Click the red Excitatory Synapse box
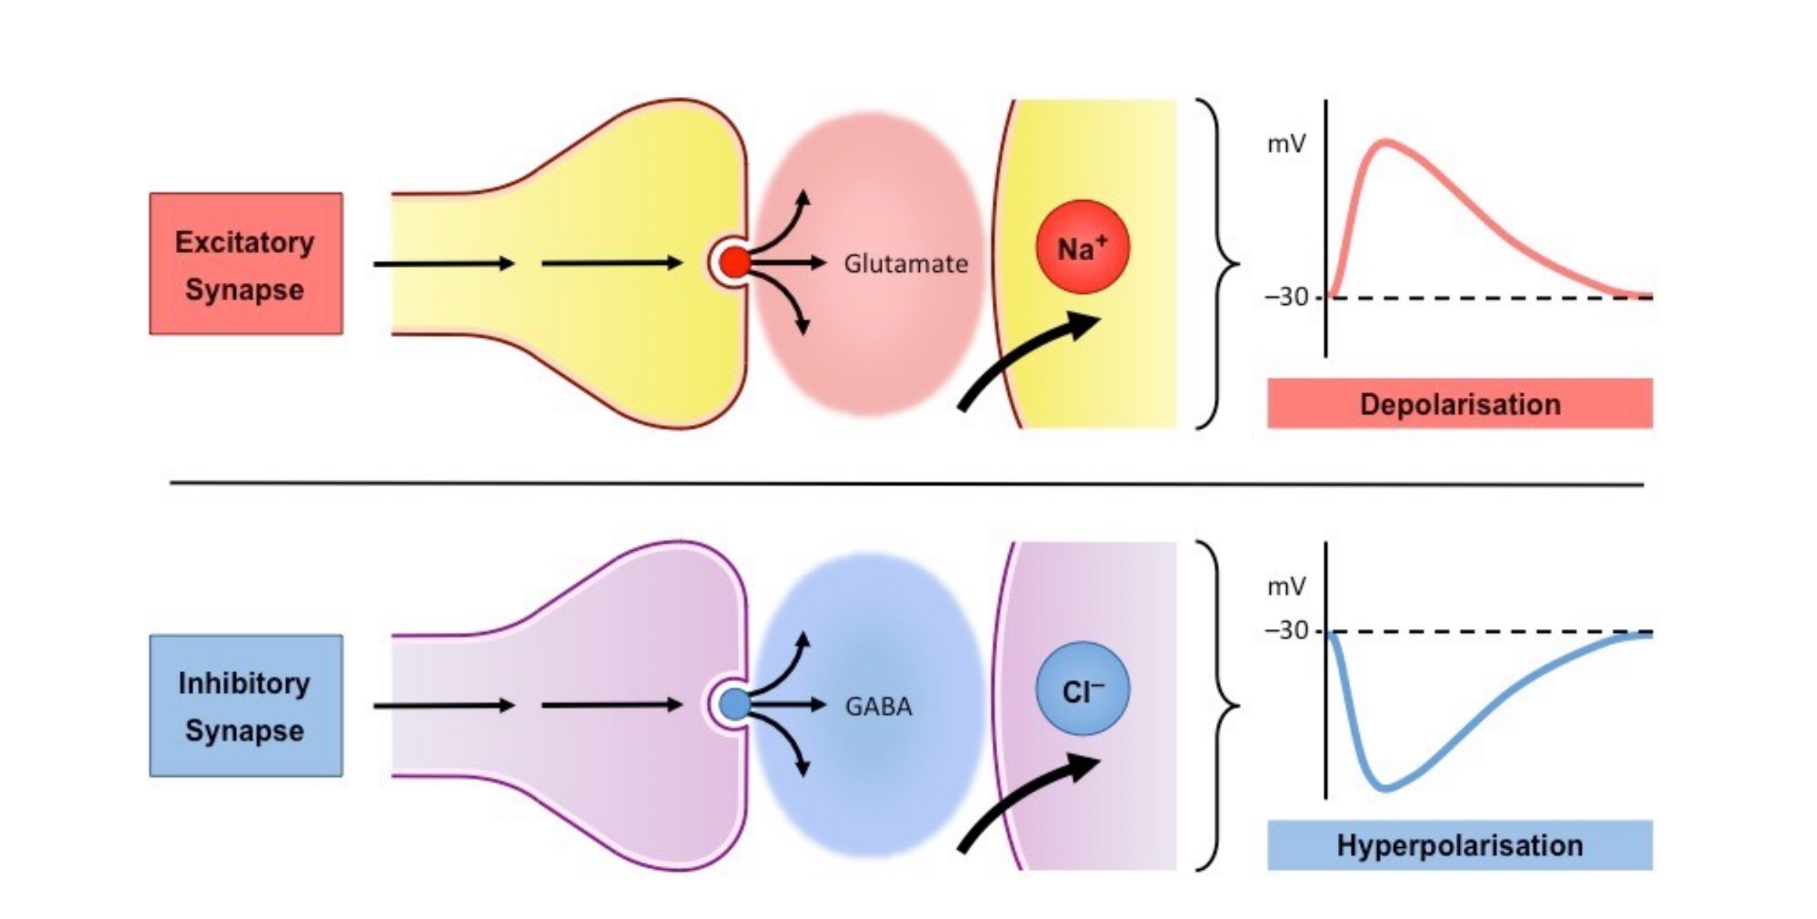click(x=246, y=264)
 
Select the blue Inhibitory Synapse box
click(x=246, y=706)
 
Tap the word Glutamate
click(x=906, y=264)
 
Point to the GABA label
click(x=878, y=706)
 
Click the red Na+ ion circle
click(x=1082, y=247)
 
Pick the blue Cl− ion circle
click(x=1082, y=688)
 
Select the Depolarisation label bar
click(x=1460, y=403)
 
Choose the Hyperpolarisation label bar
click(x=1460, y=845)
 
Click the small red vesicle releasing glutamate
click(x=735, y=263)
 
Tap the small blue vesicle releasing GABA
click(x=735, y=705)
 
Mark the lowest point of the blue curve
click(x=1385, y=788)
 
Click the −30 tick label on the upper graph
click(x=1286, y=297)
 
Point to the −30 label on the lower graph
click(x=1286, y=630)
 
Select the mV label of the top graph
click(x=1286, y=144)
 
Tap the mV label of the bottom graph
click(x=1286, y=586)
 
